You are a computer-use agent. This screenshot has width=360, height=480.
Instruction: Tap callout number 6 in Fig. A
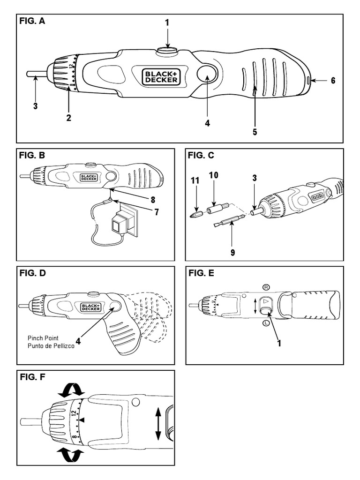point(333,80)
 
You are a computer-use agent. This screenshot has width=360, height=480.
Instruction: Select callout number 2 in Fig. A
point(68,118)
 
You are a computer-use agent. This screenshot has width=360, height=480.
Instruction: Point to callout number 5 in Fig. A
point(255,132)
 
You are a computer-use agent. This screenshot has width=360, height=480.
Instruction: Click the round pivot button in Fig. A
point(206,75)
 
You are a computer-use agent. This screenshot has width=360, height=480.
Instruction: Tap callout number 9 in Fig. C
point(232,252)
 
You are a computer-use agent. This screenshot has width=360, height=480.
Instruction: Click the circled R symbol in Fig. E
point(266,286)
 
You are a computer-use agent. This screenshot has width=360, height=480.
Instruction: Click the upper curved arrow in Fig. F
point(70,389)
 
